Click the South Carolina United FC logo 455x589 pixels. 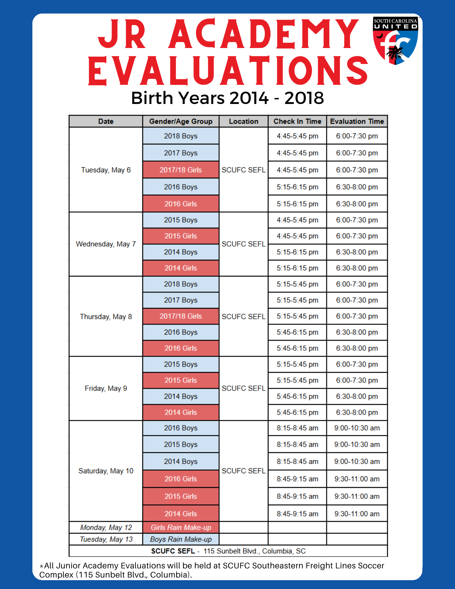(396, 41)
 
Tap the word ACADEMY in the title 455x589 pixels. (264, 34)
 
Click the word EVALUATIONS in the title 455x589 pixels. (228, 71)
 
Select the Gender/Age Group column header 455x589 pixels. (181, 121)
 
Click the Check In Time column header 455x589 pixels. (297, 121)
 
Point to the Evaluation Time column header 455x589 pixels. (357, 121)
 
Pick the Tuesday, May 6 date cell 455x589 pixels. (106, 170)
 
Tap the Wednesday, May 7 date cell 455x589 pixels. (106, 244)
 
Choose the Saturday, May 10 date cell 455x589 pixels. (106, 471)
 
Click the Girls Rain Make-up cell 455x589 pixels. (181, 527)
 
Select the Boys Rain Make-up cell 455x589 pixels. (181, 539)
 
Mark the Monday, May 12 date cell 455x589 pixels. (106, 527)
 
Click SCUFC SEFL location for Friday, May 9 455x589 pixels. (244, 388)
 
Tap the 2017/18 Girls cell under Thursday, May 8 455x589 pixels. (181, 316)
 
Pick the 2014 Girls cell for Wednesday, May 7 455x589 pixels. (181, 268)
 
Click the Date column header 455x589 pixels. (106, 121)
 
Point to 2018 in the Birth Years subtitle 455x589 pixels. (304, 98)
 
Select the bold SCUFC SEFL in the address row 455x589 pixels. (173, 551)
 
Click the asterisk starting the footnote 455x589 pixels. (42, 566)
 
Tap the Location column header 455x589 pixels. (244, 121)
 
